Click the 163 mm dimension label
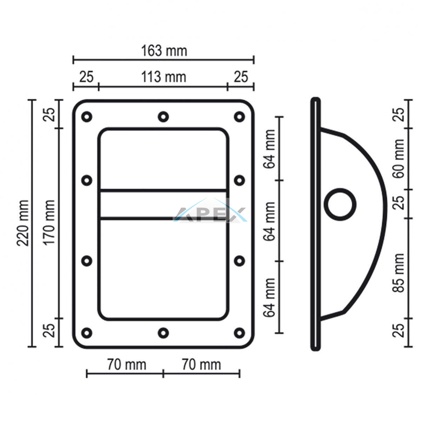[x=164, y=51]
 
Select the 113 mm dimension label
[x=163, y=77]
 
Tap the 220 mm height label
[x=23, y=223]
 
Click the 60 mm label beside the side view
[x=398, y=159]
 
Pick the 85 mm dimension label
[x=398, y=273]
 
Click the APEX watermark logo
[x=210, y=210]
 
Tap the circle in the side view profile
[x=340, y=205]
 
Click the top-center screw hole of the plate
[x=163, y=117]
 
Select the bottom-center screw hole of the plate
[x=163, y=333]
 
